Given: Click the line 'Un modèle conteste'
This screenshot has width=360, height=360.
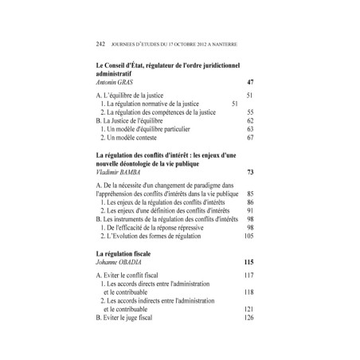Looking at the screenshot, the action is tap(141, 137).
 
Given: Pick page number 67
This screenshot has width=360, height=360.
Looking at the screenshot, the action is tap(249, 137).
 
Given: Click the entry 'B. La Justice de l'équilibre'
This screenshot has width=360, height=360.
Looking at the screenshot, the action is tap(134, 119).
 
